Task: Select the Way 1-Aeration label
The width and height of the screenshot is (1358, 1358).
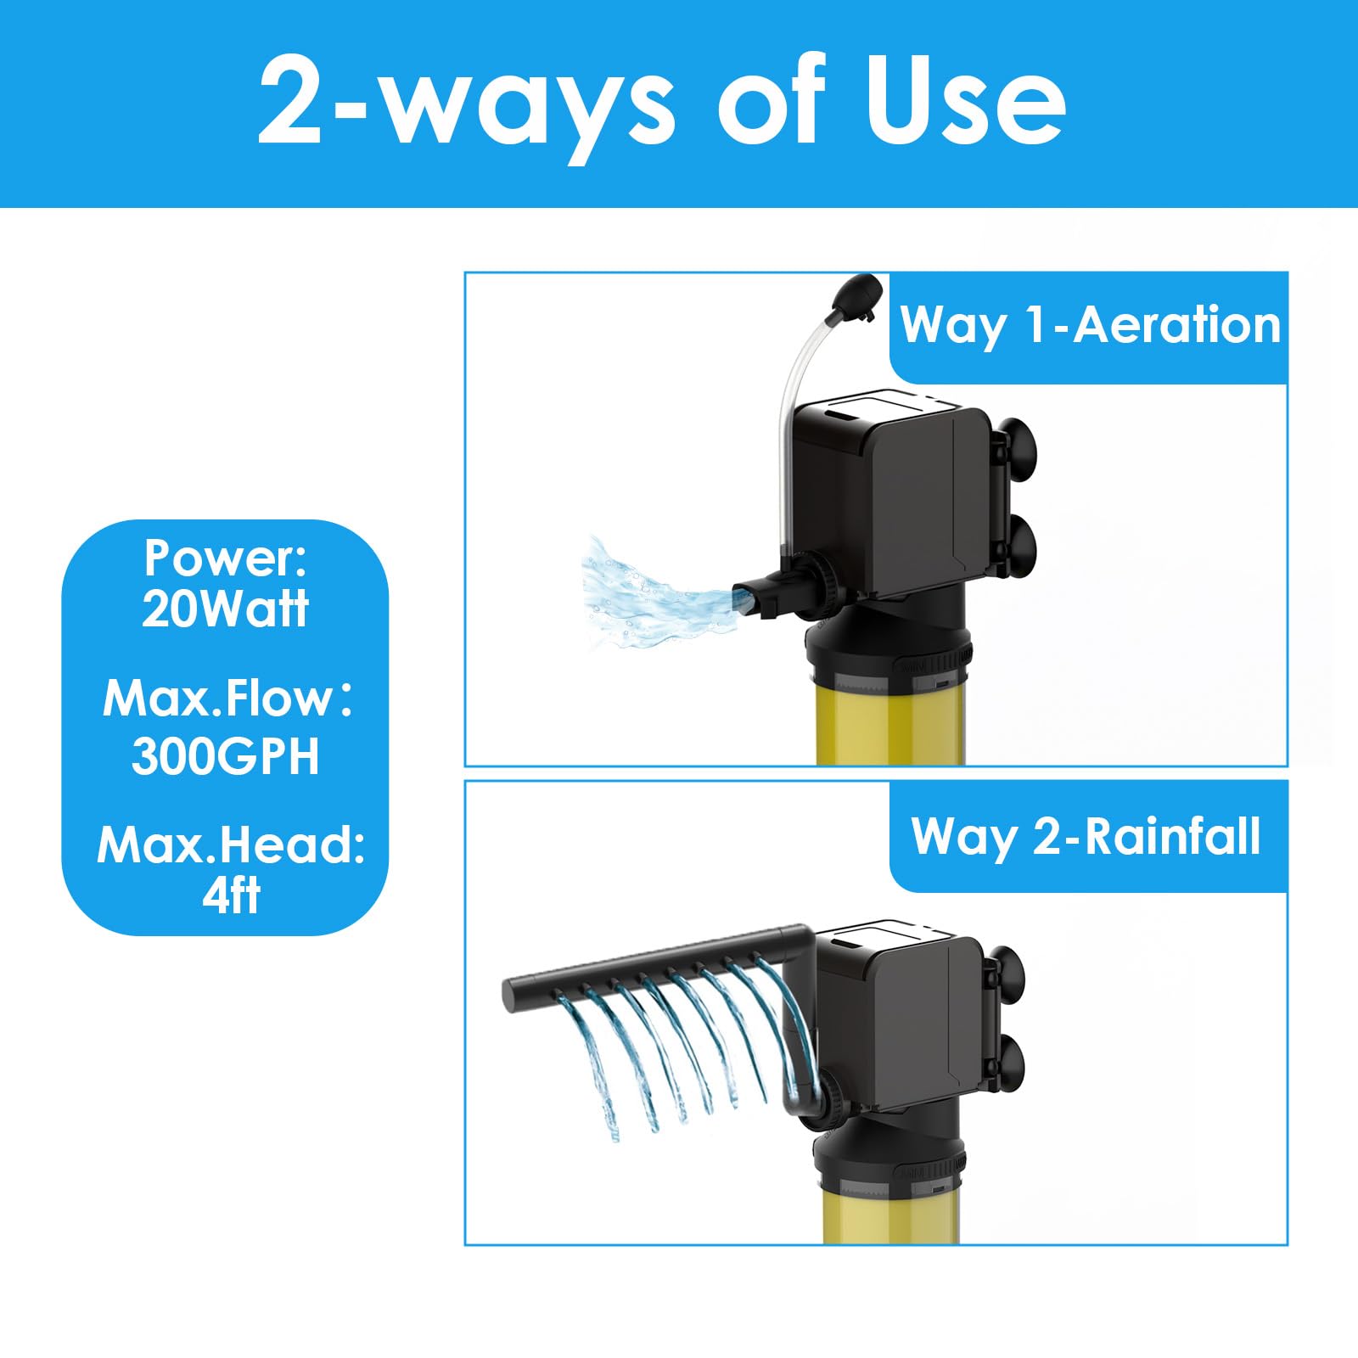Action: pos(1090,325)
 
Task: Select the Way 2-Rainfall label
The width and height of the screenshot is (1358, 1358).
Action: pos(1086,836)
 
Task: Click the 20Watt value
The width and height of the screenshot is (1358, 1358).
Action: pos(225,609)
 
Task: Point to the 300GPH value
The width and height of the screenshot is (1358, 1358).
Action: pos(225,755)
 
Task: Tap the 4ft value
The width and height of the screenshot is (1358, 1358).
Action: pos(230,895)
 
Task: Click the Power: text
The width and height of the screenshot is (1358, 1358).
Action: pos(225,558)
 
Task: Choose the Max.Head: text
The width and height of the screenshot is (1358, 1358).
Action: pos(230,845)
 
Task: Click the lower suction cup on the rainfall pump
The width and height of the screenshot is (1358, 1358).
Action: pos(1008,1065)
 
